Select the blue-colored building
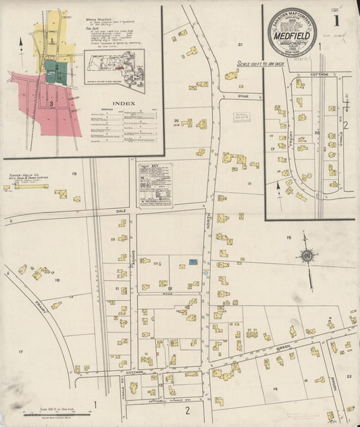(194, 261)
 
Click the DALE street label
(122, 211)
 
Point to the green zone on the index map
(51, 68)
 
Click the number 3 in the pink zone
(51, 104)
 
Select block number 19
(74, 174)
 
